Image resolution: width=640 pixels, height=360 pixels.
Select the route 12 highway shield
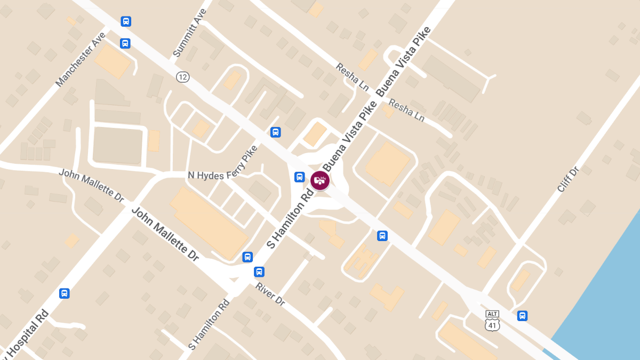[183, 77]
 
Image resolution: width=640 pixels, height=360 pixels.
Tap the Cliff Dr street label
[567, 180]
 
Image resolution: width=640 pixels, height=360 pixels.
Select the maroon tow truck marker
[320, 180]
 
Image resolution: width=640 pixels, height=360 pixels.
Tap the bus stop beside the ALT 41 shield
[522, 316]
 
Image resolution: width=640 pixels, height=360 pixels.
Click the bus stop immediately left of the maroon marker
[300, 177]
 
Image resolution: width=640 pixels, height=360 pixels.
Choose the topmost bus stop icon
[126, 21]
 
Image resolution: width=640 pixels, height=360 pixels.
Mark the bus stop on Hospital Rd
[65, 293]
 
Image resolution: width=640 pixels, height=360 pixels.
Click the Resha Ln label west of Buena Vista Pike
[353, 76]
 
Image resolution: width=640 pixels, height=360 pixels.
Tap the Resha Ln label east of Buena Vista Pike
[406, 110]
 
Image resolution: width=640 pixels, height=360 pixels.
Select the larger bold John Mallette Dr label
[165, 234]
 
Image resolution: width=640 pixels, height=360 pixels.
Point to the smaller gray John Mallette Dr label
[91, 185]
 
